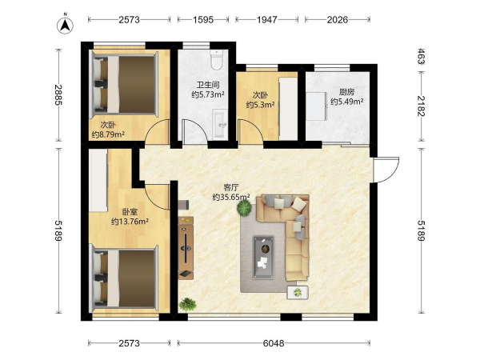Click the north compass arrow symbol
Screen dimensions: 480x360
[x=65, y=25]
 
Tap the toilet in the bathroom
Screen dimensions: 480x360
[x=217, y=59]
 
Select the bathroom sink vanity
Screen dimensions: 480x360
[x=221, y=125]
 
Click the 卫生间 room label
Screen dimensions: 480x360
[x=208, y=85]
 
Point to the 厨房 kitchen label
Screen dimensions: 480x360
[x=346, y=92]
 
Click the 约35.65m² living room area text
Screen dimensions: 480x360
[x=231, y=197]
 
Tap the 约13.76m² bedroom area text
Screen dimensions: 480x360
[x=130, y=221]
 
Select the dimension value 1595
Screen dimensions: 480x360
[x=203, y=20]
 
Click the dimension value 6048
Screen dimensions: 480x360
[x=274, y=343]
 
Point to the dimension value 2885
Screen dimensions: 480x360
[x=58, y=94]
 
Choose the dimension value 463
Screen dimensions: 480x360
[x=421, y=56]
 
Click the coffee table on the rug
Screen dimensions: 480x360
[x=263, y=258]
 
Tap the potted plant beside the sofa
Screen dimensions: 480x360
[x=244, y=208]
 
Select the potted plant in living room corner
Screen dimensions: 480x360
[x=187, y=304]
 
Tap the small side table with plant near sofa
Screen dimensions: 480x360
[x=298, y=293]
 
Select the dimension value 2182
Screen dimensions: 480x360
[x=421, y=106]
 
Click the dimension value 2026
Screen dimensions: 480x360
[x=338, y=20]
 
